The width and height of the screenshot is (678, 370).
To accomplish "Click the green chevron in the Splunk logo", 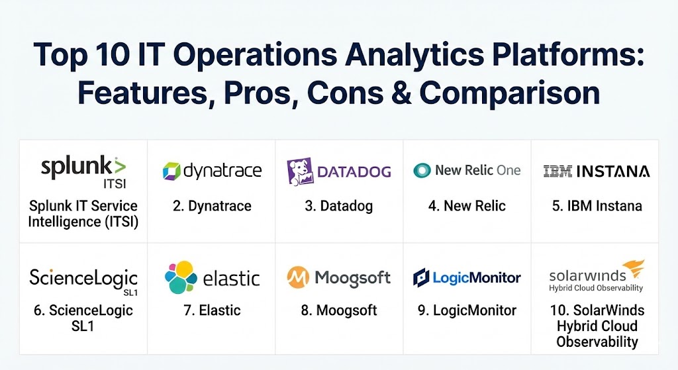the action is point(119,165).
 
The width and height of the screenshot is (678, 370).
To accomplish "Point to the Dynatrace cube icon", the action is point(171,171).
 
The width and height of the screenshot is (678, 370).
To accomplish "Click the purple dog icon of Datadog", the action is point(300,171).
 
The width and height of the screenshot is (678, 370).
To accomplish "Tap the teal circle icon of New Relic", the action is point(422,170).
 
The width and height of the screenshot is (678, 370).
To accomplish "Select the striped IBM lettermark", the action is point(557,171).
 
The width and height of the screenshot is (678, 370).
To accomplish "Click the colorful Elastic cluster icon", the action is point(181,277).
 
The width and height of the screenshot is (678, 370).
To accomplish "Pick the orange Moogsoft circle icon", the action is point(298,277).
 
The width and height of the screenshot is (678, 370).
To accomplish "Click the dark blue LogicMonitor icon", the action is point(421,277).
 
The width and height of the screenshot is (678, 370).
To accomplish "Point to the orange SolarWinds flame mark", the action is point(634,269).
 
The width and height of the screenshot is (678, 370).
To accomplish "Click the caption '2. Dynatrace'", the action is point(212,206).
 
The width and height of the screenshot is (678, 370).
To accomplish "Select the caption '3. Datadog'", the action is point(338,206).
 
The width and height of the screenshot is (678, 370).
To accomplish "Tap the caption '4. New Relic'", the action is point(467,206).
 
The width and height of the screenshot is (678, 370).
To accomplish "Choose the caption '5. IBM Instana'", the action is point(597,206).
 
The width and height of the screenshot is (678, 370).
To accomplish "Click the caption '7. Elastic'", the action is point(212,310).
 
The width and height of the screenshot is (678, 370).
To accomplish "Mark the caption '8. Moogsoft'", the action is point(339,310).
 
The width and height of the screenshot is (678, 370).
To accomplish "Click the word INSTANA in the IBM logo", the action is point(613,171).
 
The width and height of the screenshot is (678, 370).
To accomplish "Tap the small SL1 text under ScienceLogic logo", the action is point(130,293).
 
